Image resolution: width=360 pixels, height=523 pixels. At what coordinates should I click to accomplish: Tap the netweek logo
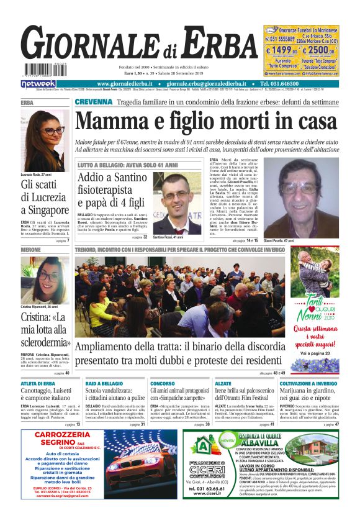pos(38,84)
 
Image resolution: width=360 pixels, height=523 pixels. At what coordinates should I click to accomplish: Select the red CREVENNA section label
pos(94,102)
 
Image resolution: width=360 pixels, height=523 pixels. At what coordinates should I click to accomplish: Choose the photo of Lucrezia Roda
pos(45,141)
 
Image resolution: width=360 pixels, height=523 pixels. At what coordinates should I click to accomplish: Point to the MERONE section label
pos(31,250)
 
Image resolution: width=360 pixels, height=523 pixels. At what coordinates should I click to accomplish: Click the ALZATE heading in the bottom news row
pos(223,383)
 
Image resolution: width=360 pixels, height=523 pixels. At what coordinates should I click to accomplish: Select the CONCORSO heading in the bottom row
pos(163,383)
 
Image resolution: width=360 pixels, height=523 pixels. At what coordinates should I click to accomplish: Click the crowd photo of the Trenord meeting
pos(180,296)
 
